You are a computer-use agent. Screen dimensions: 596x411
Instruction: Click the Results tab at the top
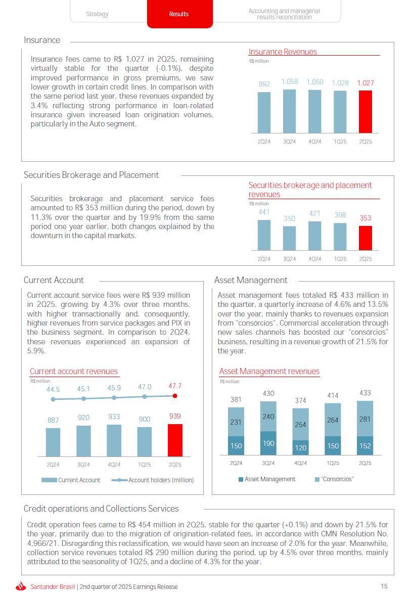(178, 14)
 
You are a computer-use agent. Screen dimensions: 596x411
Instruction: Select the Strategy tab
(97, 14)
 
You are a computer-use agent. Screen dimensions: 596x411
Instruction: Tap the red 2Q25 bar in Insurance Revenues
(365, 111)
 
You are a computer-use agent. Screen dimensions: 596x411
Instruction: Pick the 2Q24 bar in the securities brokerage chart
(264, 235)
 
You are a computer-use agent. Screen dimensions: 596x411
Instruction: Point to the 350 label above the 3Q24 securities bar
(289, 218)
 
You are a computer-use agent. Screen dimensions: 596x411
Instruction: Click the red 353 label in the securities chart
(365, 218)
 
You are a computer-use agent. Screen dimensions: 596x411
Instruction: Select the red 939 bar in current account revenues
(175, 440)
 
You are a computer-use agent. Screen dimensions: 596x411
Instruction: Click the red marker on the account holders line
(175, 396)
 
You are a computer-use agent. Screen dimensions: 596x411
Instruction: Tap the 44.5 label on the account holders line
(53, 389)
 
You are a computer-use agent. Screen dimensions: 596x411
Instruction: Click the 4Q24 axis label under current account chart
(114, 465)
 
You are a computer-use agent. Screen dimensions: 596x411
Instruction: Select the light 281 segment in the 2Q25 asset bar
(365, 419)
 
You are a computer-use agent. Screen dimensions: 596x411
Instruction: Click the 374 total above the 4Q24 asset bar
(300, 401)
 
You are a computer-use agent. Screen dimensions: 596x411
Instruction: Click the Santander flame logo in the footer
(21, 586)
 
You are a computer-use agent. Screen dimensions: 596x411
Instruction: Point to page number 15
(384, 586)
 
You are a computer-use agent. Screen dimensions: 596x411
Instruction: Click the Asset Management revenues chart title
(269, 372)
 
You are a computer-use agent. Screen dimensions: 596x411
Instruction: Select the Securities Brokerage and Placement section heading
(91, 175)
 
